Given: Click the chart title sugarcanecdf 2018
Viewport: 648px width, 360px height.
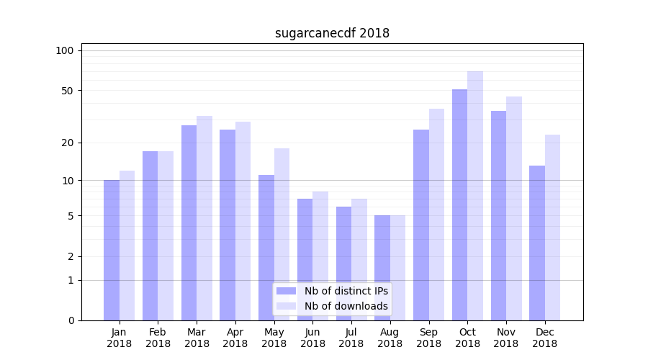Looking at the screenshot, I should point(332,33).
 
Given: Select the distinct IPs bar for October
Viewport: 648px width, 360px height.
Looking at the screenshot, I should point(459,204).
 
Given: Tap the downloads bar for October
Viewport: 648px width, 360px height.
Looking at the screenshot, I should point(475,196).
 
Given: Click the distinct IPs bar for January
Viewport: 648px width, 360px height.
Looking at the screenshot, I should point(112,250).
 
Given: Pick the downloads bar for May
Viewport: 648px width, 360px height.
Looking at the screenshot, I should point(282,234).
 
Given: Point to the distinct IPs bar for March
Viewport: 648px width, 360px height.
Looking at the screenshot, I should point(189,222).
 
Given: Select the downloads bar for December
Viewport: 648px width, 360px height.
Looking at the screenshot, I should point(552,228).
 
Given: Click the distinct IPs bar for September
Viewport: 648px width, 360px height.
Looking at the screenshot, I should point(421,225).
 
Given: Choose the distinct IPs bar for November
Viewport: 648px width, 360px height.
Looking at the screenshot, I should point(498,215).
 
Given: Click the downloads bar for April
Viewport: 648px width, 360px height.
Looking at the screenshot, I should point(243,221).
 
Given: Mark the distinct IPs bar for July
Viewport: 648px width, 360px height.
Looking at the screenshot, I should point(343,264).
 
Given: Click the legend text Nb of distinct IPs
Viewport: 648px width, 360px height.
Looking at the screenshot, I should point(346,291).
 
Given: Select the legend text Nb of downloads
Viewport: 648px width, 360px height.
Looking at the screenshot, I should point(346,306).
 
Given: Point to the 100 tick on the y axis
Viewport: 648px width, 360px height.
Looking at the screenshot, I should point(65,50).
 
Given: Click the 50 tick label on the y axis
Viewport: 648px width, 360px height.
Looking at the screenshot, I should point(68,91).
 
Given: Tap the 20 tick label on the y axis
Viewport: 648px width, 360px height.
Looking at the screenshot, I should point(68,143).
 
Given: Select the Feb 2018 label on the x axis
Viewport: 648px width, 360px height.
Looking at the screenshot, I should point(158,338).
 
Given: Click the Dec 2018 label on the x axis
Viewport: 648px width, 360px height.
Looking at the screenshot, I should point(544,338).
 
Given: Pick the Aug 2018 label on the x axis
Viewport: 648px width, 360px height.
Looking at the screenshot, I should point(390,338).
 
